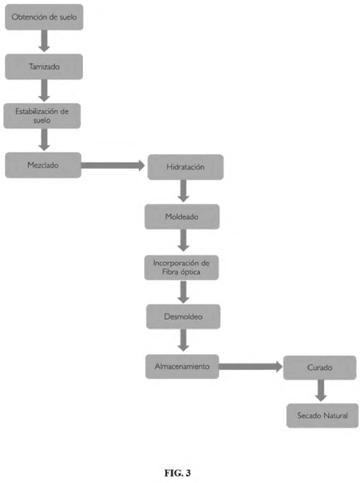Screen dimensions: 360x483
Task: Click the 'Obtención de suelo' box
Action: click(x=44, y=17)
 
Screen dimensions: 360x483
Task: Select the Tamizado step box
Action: click(x=44, y=66)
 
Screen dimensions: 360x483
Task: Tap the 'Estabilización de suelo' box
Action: click(x=42, y=116)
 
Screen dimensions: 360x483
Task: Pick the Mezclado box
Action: click(x=43, y=165)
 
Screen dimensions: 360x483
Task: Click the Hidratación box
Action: click(x=186, y=167)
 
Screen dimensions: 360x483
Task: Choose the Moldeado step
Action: click(x=182, y=217)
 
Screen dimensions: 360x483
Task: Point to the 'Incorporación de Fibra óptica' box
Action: click(x=181, y=267)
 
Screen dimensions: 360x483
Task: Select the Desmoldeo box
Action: click(x=183, y=316)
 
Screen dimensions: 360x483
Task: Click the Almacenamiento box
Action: click(x=182, y=367)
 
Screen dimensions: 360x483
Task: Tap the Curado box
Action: click(x=320, y=367)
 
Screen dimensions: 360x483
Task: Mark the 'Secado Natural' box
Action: click(x=323, y=415)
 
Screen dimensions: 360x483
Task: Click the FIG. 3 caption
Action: click(x=177, y=473)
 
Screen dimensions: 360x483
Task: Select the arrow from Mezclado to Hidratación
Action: click(x=113, y=166)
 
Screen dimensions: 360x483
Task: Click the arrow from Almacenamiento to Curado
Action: click(x=251, y=367)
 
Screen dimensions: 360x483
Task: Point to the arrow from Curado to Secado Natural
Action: click(x=321, y=390)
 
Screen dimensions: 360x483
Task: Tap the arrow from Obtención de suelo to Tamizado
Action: click(x=44, y=41)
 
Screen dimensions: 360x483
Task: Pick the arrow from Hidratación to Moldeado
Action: click(x=183, y=191)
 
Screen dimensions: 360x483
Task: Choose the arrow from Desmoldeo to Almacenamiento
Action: click(x=183, y=340)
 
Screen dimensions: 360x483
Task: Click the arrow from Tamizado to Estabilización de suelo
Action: click(x=44, y=90)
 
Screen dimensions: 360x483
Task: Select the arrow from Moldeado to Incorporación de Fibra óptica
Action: click(x=183, y=240)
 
